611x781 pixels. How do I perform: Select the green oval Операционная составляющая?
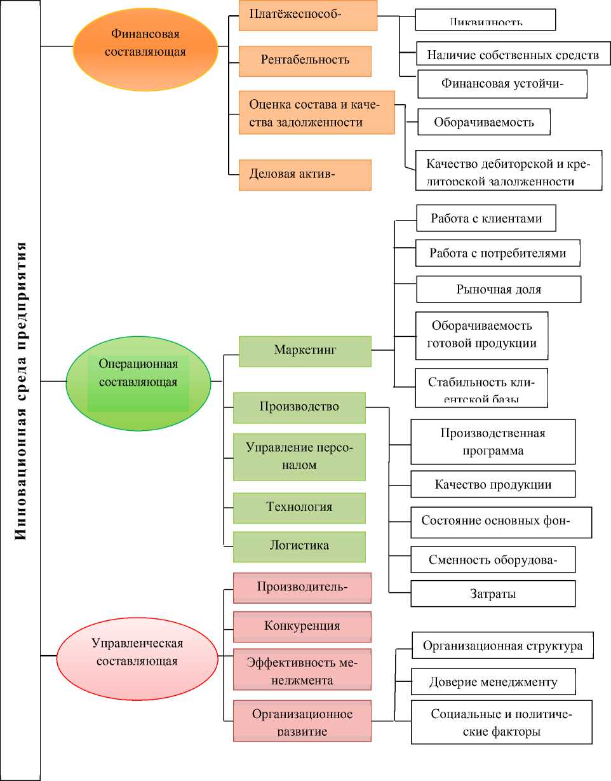click(138, 374)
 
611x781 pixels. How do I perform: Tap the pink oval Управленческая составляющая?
click(137, 652)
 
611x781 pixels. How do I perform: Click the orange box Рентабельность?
click(305, 60)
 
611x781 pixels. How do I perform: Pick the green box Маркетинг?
click(305, 351)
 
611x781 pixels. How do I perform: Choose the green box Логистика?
click(299, 546)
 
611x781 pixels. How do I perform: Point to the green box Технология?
click(299, 507)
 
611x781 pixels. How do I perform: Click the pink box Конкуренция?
click(302, 627)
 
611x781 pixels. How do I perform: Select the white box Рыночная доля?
click(499, 289)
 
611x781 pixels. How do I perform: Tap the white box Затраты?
click(493, 594)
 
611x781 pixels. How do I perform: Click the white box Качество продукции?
click(493, 484)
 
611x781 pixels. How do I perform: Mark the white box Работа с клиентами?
click(487, 218)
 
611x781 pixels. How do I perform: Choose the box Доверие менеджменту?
click(493, 682)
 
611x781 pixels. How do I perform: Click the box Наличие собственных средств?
click(513, 54)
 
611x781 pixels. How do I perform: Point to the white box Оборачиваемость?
click(484, 122)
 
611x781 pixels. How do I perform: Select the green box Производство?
click(299, 407)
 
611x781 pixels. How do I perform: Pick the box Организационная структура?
click(502, 646)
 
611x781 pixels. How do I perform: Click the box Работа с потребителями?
click(498, 253)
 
